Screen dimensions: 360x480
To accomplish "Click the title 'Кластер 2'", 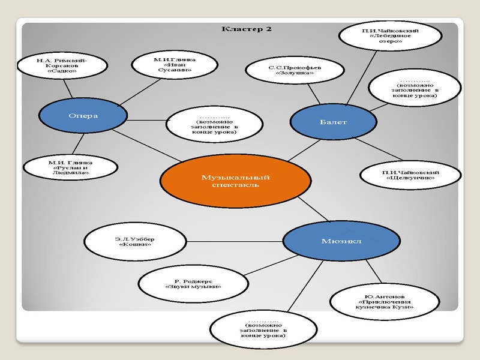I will click(247, 29).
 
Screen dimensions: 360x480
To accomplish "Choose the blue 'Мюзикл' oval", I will click(341, 241).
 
